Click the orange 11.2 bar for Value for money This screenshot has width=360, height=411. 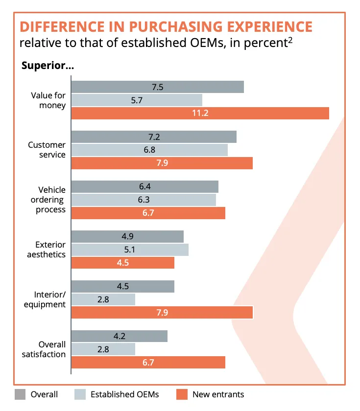[x=200, y=113]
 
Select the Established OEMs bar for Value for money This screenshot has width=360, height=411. [x=137, y=100]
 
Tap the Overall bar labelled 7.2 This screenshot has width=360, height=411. [x=154, y=137]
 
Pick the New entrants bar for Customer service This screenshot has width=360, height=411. [x=162, y=163]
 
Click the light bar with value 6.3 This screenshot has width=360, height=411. [x=144, y=200]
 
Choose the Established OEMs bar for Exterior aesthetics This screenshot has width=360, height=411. [x=130, y=250]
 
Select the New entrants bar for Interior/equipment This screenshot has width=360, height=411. [x=162, y=313]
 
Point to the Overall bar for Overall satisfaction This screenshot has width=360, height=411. [x=120, y=336]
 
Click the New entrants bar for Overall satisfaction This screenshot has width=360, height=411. [x=148, y=362]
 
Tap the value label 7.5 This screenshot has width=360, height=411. [x=157, y=87]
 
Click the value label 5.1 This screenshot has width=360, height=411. [x=130, y=250]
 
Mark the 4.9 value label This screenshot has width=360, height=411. [x=127, y=236]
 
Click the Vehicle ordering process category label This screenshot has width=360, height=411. [x=48, y=200]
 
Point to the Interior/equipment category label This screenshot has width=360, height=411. [x=45, y=299]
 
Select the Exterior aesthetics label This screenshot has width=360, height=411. [x=47, y=250]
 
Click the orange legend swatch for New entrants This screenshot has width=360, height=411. [x=182, y=394]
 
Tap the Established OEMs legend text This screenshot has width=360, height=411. [x=124, y=394]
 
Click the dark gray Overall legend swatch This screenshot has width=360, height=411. [x=20, y=394]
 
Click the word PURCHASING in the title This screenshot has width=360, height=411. [x=176, y=27]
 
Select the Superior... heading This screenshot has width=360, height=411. [x=48, y=66]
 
